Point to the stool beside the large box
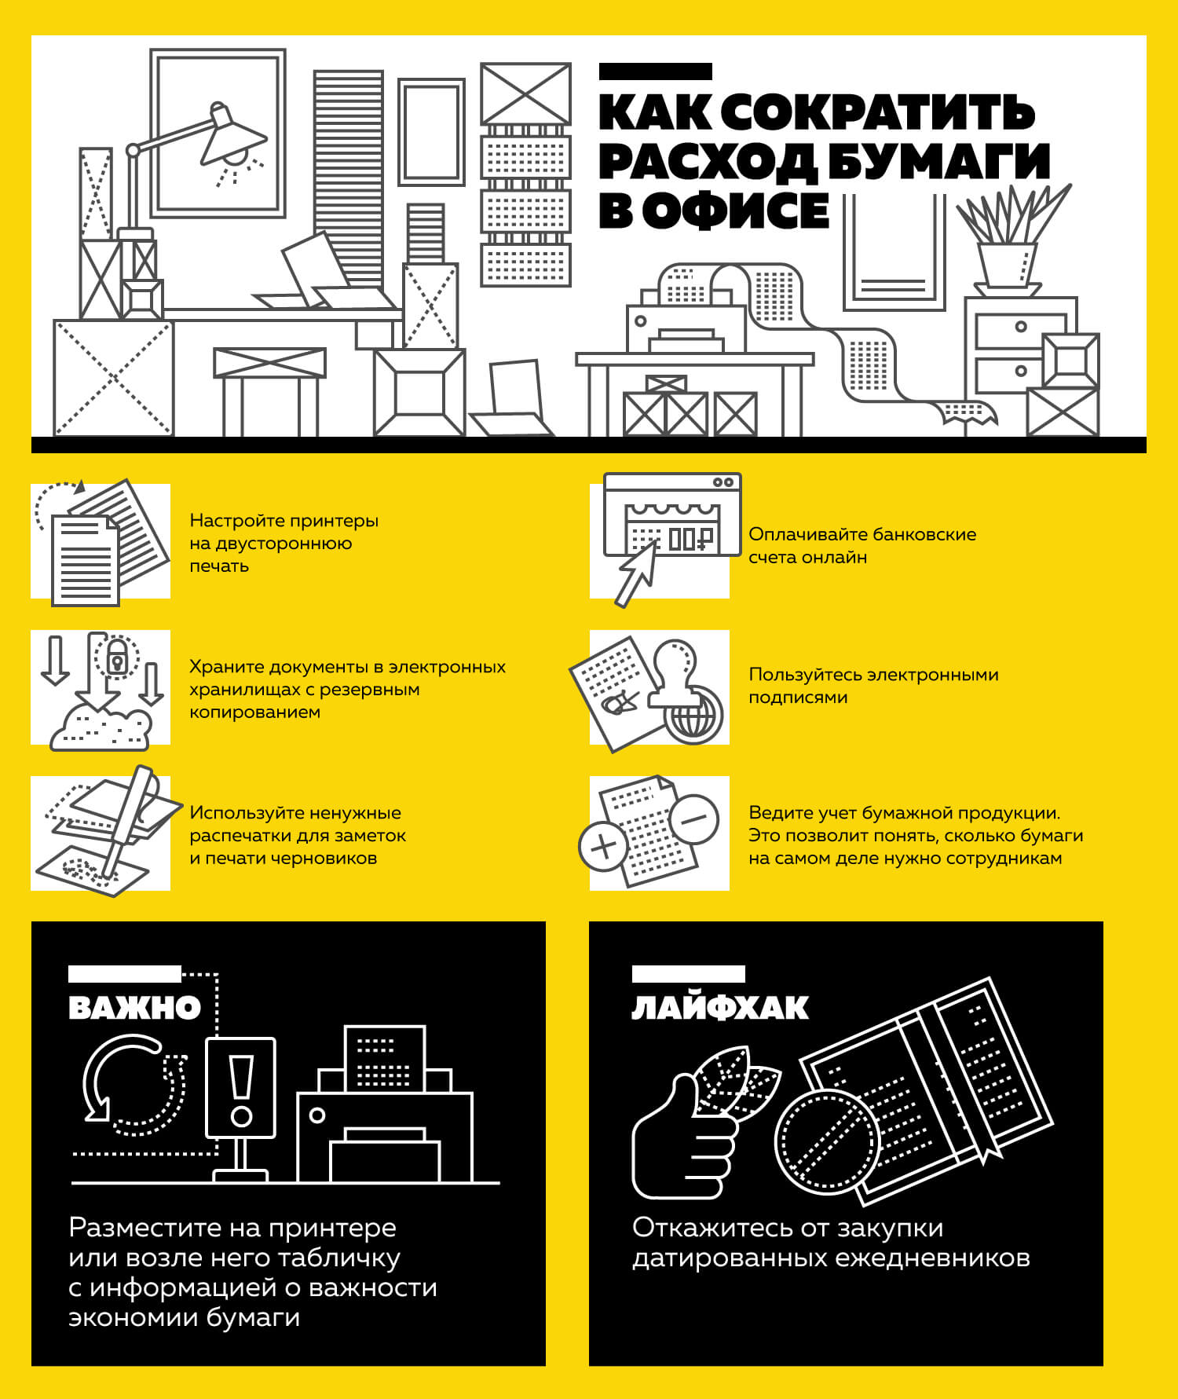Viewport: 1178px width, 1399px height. coord(269,389)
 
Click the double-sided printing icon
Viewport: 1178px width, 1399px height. coord(101,542)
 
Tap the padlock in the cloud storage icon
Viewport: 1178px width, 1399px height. coord(117,657)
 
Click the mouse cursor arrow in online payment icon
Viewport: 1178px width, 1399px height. coord(637,573)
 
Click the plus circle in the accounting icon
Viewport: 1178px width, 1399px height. coord(603,847)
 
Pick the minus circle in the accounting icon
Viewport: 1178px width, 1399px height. coord(694,819)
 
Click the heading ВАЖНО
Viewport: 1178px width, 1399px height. coord(134,1009)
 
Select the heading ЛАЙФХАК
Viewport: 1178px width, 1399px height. coord(719,1009)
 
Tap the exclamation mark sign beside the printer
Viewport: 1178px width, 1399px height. coord(240,1089)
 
